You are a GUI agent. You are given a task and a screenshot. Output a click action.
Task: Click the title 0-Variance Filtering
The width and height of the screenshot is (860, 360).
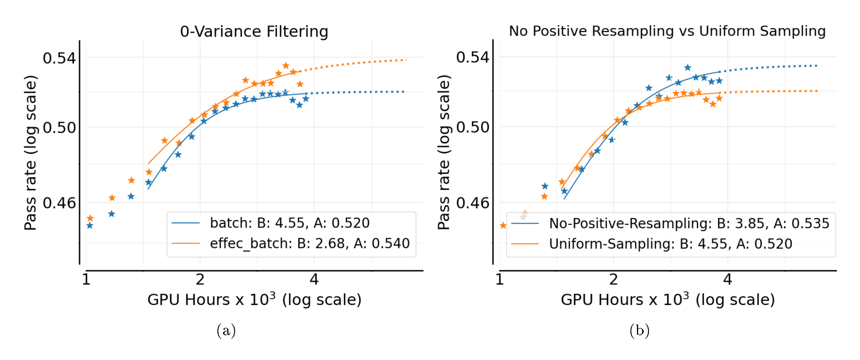pyautogui.click(x=254, y=32)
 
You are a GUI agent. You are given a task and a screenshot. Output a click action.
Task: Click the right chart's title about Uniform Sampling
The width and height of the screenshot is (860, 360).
pyautogui.click(x=667, y=31)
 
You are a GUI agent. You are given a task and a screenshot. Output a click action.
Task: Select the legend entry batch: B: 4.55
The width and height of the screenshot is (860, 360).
pyautogui.click(x=289, y=223)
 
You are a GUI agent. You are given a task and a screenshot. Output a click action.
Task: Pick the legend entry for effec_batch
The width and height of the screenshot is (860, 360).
pyautogui.click(x=309, y=243)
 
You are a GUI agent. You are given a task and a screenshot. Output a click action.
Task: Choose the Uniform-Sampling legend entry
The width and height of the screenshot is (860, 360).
pyautogui.click(x=670, y=244)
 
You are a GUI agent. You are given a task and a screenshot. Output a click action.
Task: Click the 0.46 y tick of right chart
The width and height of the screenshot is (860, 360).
pyautogui.click(x=472, y=203)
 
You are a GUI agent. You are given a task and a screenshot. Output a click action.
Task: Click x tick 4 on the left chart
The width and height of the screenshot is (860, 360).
pyautogui.click(x=314, y=279)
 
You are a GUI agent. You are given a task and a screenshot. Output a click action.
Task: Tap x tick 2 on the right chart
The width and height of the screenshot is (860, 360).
pyautogui.click(x=613, y=279)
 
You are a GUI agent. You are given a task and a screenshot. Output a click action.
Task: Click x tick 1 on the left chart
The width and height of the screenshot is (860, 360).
pyautogui.click(x=86, y=279)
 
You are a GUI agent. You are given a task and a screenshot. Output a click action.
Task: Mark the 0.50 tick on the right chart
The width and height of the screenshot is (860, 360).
pyautogui.click(x=472, y=127)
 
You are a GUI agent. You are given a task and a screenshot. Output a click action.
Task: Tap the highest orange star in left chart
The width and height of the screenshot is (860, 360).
pyautogui.click(x=286, y=66)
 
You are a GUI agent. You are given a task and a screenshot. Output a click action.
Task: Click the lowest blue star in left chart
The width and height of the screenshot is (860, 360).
pyautogui.click(x=90, y=226)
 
